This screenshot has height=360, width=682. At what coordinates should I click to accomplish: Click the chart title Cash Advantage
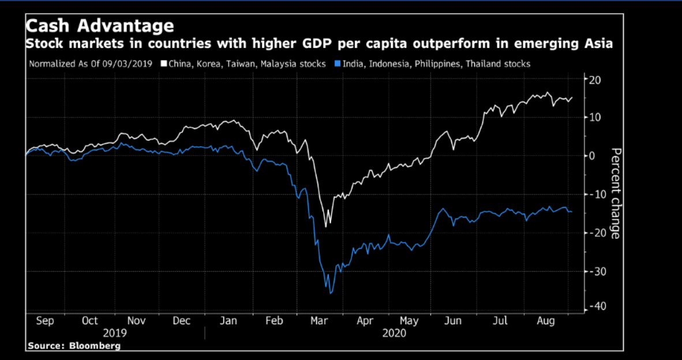[99, 26]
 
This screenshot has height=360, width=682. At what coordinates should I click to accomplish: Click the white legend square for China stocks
[164, 63]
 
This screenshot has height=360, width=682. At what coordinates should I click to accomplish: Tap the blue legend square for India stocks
[338, 63]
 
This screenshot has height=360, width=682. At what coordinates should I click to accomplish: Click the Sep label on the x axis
[45, 321]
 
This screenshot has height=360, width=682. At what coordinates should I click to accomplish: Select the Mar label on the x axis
[319, 321]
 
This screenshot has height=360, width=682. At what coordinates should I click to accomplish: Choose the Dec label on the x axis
[182, 321]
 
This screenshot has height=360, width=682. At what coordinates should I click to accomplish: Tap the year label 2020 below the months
[394, 333]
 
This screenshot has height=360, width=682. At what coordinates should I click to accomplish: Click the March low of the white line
[326, 226]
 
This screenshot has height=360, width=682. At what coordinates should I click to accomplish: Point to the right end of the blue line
[572, 212]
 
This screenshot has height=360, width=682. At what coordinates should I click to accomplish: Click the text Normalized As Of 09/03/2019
[91, 63]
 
